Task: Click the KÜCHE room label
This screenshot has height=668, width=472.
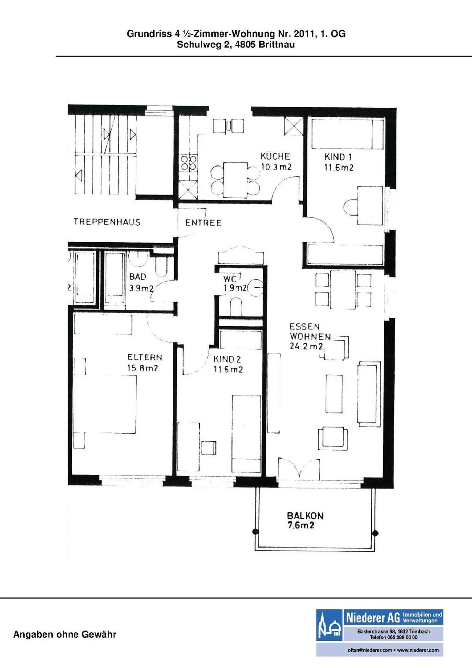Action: [x=275, y=157]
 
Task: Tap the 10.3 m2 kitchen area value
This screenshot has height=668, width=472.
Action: [x=276, y=167]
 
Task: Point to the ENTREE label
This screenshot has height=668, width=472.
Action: [x=203, y=223]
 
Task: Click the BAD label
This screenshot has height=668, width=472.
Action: [x=138, y=276]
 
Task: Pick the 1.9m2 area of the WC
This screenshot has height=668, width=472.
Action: [x=235, y=288]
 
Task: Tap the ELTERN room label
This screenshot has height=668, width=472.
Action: [x=145, y=357]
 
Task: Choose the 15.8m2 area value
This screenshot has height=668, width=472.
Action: [x=143, y=368]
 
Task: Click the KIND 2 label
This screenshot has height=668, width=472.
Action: [x=227, y=359]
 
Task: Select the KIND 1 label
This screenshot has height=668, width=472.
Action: [x=338, y=157]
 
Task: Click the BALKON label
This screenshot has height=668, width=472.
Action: [x=305, y=516]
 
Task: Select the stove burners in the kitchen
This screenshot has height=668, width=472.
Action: [x=189, y=163]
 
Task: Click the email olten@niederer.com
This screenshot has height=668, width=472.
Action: [x=369, y=656]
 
